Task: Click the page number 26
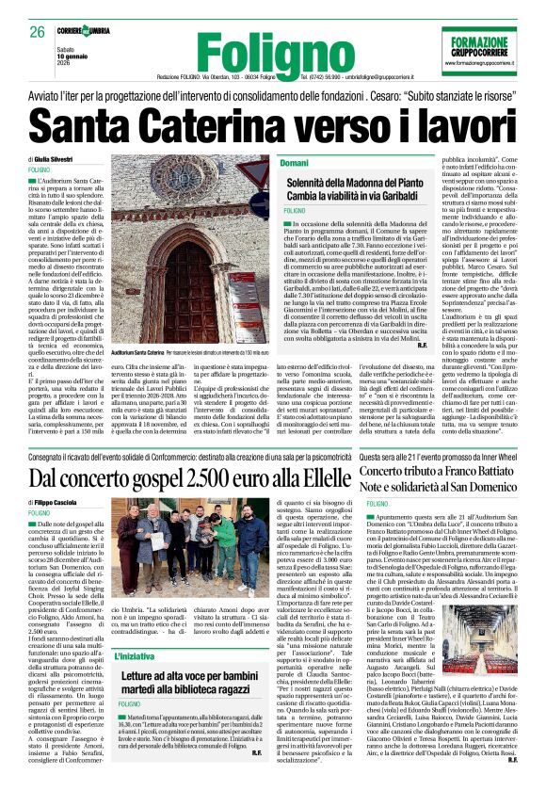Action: pos(39,33)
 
